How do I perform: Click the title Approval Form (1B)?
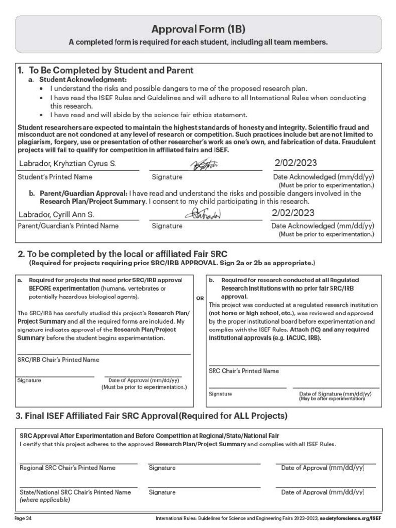pyautogui.click(x=198, y=29)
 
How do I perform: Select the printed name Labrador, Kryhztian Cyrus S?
pyautogui.click(x=67, y=164)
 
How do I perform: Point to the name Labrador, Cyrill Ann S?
pyautogui.click(x=56, y=214)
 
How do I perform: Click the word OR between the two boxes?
pyautogui.click(x=200, y=298)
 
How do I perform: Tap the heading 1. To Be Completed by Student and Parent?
pyautogui.click(x=106, y=71)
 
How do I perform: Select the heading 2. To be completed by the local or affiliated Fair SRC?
pyautogui.click(x=122, y=254)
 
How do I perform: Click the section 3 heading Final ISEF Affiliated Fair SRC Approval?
pyautogui.click(x=152, y=416)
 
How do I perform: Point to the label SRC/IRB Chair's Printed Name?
pyautogui.click(x=58, y=360)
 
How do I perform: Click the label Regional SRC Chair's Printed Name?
pyautogui.click(x=68, y=468)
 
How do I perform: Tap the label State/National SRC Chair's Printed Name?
pyautogui.click(x=75, y=492)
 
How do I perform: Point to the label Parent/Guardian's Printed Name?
pyautogui.click(x=68, y=226)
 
